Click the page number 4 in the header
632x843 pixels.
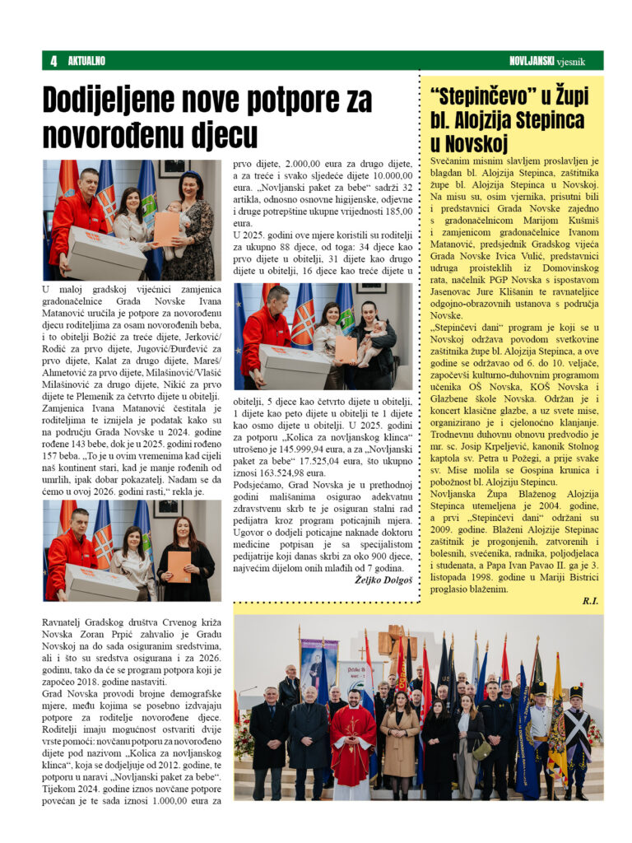tap(53, 60)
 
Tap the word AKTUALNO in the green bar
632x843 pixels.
tap(86, 60)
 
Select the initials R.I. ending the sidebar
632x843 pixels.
tap(589, 602)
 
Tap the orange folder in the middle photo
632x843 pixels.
tap(346, 348)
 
